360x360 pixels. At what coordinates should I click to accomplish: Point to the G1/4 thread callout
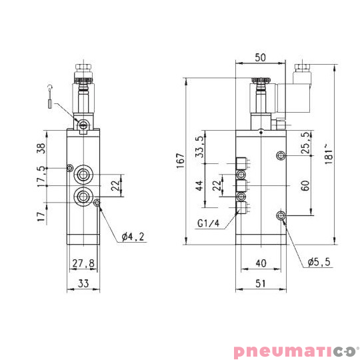tap(209, 223)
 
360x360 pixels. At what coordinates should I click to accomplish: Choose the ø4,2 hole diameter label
tap(135, 237)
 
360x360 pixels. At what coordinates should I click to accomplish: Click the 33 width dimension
tap(83, 283)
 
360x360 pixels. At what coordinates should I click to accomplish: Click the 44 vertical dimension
tap(199, 185)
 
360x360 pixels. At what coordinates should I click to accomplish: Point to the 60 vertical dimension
tap(305, 185)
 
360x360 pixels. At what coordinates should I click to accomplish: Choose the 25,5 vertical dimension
tap(305, 143)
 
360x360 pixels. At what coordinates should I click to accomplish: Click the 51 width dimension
tap(261, 283)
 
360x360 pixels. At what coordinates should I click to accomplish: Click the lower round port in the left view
tap(83, 196)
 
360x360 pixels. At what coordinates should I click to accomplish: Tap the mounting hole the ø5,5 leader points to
tap(280, 215)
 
